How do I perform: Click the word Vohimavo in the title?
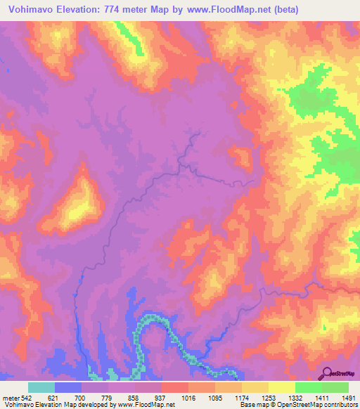[34, 10]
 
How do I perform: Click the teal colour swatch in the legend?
[41, 387]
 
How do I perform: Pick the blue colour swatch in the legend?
[68, 387]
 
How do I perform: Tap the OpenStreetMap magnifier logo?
[328, 373]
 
